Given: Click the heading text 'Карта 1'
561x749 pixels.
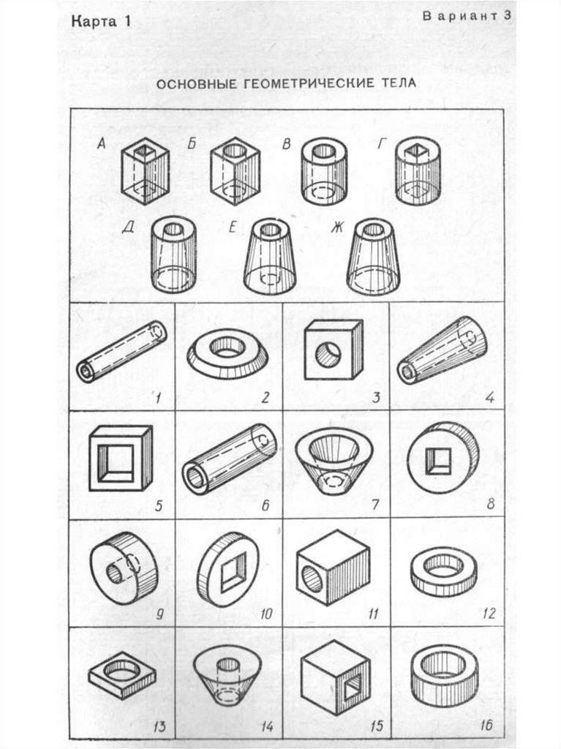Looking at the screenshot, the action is (101, 22).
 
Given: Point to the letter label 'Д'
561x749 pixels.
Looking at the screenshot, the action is (128, 227).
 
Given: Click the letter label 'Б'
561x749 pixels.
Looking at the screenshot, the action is (192, 143).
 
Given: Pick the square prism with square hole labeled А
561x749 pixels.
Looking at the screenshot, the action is (145, 170).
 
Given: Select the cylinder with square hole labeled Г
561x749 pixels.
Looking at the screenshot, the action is (418, 170).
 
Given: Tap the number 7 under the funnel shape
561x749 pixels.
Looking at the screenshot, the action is (375, 505).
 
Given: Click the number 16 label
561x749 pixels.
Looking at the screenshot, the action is (486, 726).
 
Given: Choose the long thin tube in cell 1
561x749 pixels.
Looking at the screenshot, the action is (121, 351).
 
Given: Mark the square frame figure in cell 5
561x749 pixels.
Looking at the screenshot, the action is (121, 459).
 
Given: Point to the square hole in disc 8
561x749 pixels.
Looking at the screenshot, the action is (437, 462).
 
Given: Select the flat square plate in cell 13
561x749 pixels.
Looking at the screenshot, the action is (122, 674).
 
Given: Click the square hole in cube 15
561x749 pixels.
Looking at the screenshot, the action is (353, 688).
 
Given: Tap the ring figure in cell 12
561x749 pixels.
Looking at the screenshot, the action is (444, 572).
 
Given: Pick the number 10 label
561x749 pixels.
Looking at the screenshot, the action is (266, 614).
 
